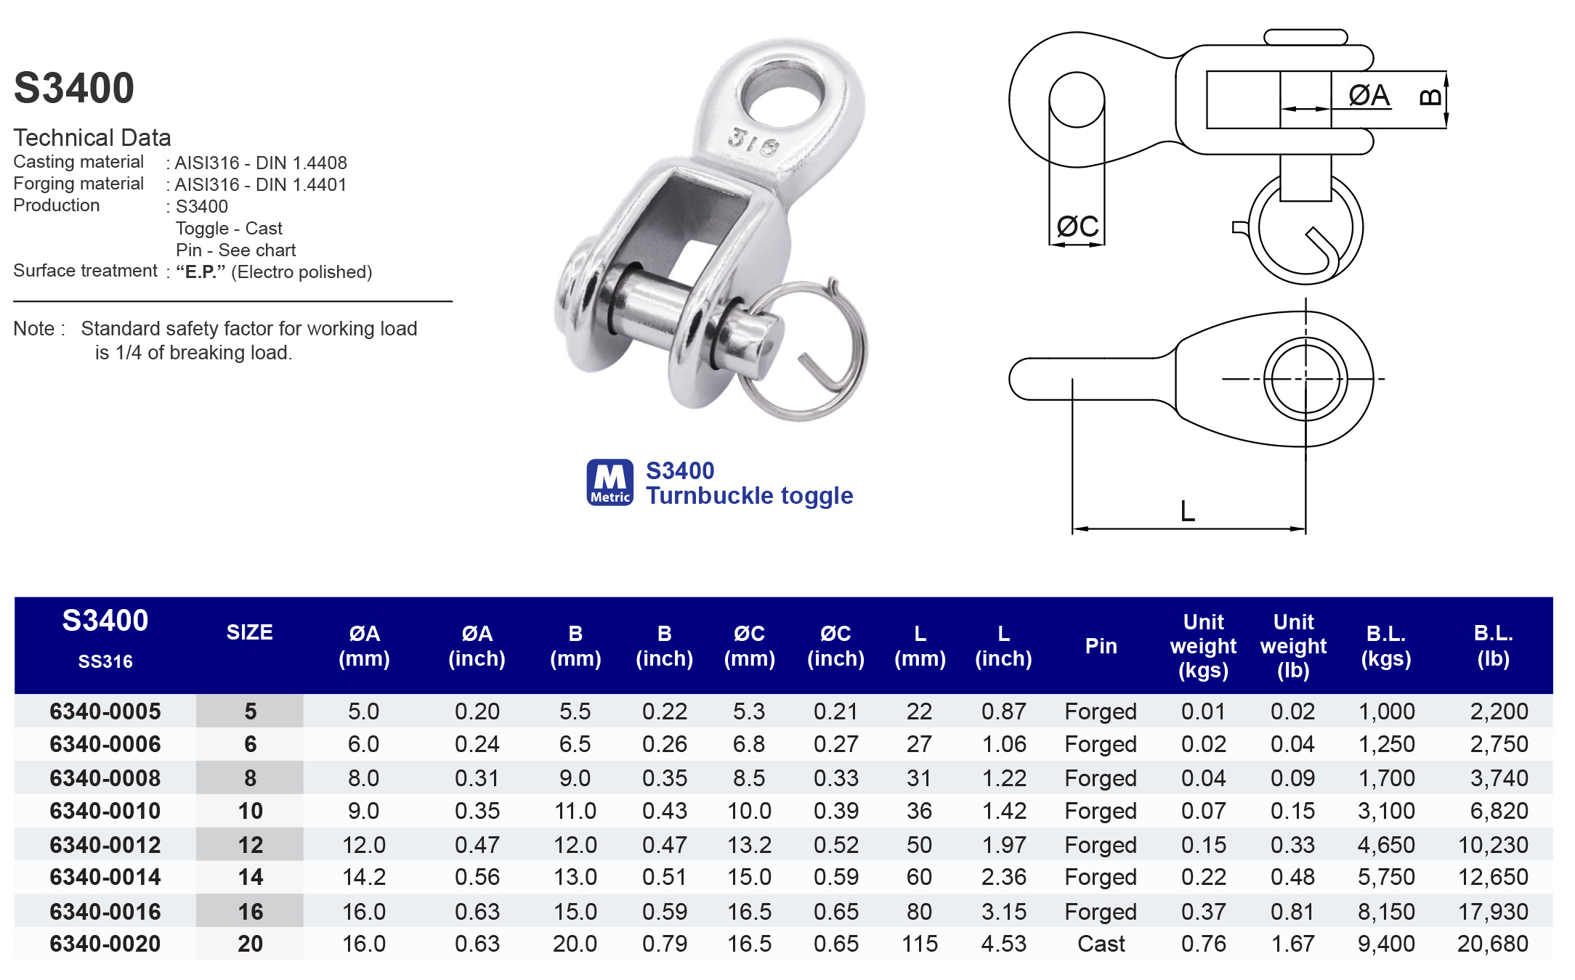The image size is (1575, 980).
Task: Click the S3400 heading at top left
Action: [74, 88]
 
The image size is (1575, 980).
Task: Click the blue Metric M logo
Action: [610, 482]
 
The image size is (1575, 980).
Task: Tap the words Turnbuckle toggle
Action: [749, 496]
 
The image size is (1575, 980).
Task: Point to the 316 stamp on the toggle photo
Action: [753, 142]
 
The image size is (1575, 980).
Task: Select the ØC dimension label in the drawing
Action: [1077, 226]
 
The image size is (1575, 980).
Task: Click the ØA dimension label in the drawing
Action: [1369, 95]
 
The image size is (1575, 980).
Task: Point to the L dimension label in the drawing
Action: [1187, 511]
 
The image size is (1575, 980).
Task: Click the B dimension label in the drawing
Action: [1430, 97]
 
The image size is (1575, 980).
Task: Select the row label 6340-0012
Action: [105, 845]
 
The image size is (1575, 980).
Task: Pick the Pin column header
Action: [1101, 646]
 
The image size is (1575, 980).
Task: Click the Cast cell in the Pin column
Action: [1101, 944]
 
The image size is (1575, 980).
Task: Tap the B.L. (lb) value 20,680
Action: [1492, 944]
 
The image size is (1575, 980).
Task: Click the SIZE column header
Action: [249, 632]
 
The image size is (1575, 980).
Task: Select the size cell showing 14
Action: [250, 877]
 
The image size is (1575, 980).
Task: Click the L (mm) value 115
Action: [919, 944]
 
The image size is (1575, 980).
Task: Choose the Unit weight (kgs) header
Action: [1203, 646]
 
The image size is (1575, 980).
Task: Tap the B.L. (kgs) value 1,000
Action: [1386, 711]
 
